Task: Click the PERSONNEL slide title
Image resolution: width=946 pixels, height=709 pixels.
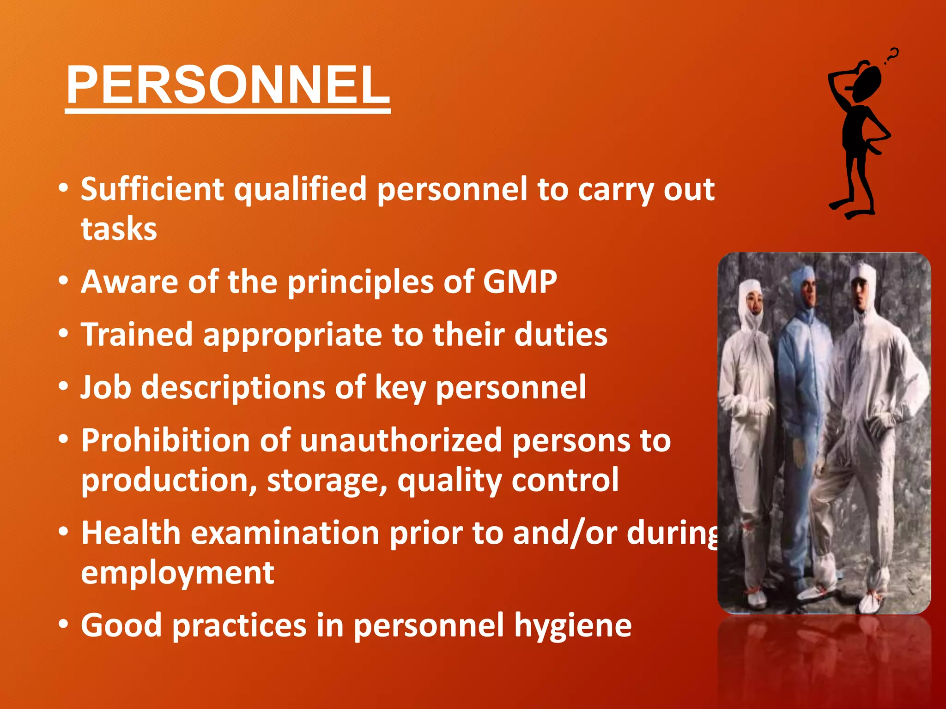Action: click(x=228, y=85)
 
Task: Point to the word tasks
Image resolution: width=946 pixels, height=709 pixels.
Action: click(x=119, y=229)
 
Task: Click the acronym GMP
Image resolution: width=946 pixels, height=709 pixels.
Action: click(x=520, y=282)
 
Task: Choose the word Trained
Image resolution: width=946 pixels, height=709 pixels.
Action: click(x=137, y=335)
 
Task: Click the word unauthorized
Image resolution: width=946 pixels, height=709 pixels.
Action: click(x=400, y=440)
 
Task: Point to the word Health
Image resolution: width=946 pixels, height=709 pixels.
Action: click(x=131, y=533)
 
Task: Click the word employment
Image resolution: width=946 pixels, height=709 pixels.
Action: click(x=177, y=573)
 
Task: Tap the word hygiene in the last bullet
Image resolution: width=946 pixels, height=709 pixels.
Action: click(x=573, y=626)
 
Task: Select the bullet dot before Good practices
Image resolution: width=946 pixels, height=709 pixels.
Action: click(x=64, y=625)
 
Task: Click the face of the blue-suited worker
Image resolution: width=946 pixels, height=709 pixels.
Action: click(x=808, y=290)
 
